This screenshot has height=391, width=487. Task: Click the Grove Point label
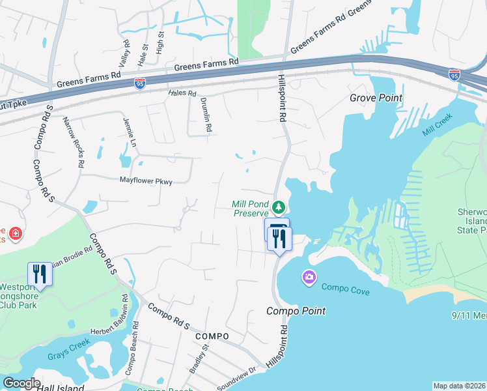376,98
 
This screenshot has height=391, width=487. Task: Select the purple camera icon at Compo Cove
308,278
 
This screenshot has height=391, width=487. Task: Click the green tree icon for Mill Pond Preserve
278,208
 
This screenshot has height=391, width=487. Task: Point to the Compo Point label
296,311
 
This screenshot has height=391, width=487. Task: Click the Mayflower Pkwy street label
146,181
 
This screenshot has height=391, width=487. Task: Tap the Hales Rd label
182,93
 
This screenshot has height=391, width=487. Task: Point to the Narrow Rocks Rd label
72,143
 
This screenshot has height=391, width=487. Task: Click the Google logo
21,383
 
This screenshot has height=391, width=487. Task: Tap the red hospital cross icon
15,233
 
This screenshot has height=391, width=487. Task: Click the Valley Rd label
123,54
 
